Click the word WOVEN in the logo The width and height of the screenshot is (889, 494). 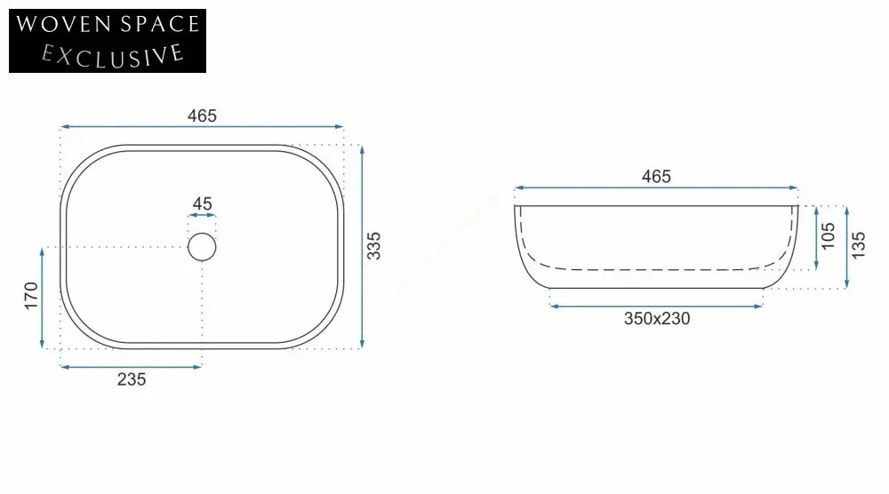point(63,24)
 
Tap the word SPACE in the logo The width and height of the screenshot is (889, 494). point(160,24)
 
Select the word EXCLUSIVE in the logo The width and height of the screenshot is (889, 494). point(113,56)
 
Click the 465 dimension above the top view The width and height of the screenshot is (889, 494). point(202,116)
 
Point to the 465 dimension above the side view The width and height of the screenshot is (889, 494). point(656,177)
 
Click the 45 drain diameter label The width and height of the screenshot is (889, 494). point(203,203)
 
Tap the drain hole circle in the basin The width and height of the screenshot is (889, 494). point(202,247)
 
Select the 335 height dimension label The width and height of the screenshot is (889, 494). point(373,246)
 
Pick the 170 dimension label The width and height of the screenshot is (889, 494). point(30,296)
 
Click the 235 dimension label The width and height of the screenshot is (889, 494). point(132,379)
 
